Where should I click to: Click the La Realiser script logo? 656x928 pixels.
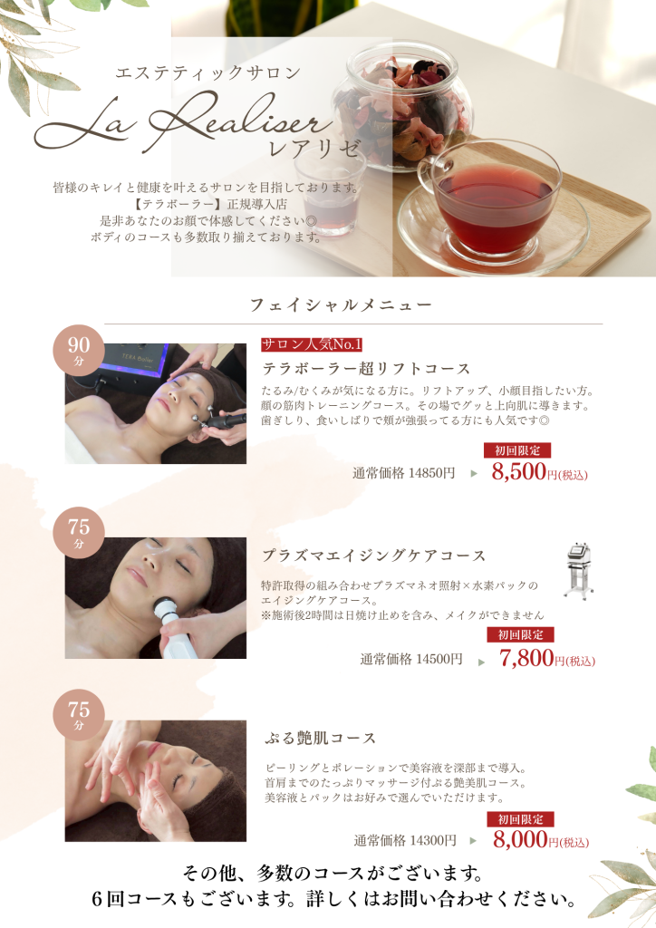pos(183,123)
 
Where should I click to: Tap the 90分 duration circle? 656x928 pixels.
pos(79,350)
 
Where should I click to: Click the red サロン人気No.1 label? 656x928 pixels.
pos(312,344)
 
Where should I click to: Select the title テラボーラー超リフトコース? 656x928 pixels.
pos(366,369)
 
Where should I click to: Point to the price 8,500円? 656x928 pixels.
pos(539,472)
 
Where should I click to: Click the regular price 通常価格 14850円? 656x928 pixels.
pos(404,473)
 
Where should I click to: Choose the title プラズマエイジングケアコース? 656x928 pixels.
pos(374,556)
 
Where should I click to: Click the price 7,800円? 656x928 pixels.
pos(546,658)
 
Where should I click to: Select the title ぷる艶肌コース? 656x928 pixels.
pos(320,738)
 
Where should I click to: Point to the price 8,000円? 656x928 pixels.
pos(541,840)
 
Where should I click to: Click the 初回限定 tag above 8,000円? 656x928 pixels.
pos(520,819)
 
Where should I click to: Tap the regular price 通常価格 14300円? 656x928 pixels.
pos(405,840)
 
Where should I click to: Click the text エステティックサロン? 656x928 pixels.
pos(208,72)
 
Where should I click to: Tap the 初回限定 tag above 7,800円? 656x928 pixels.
pos(520,634)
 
